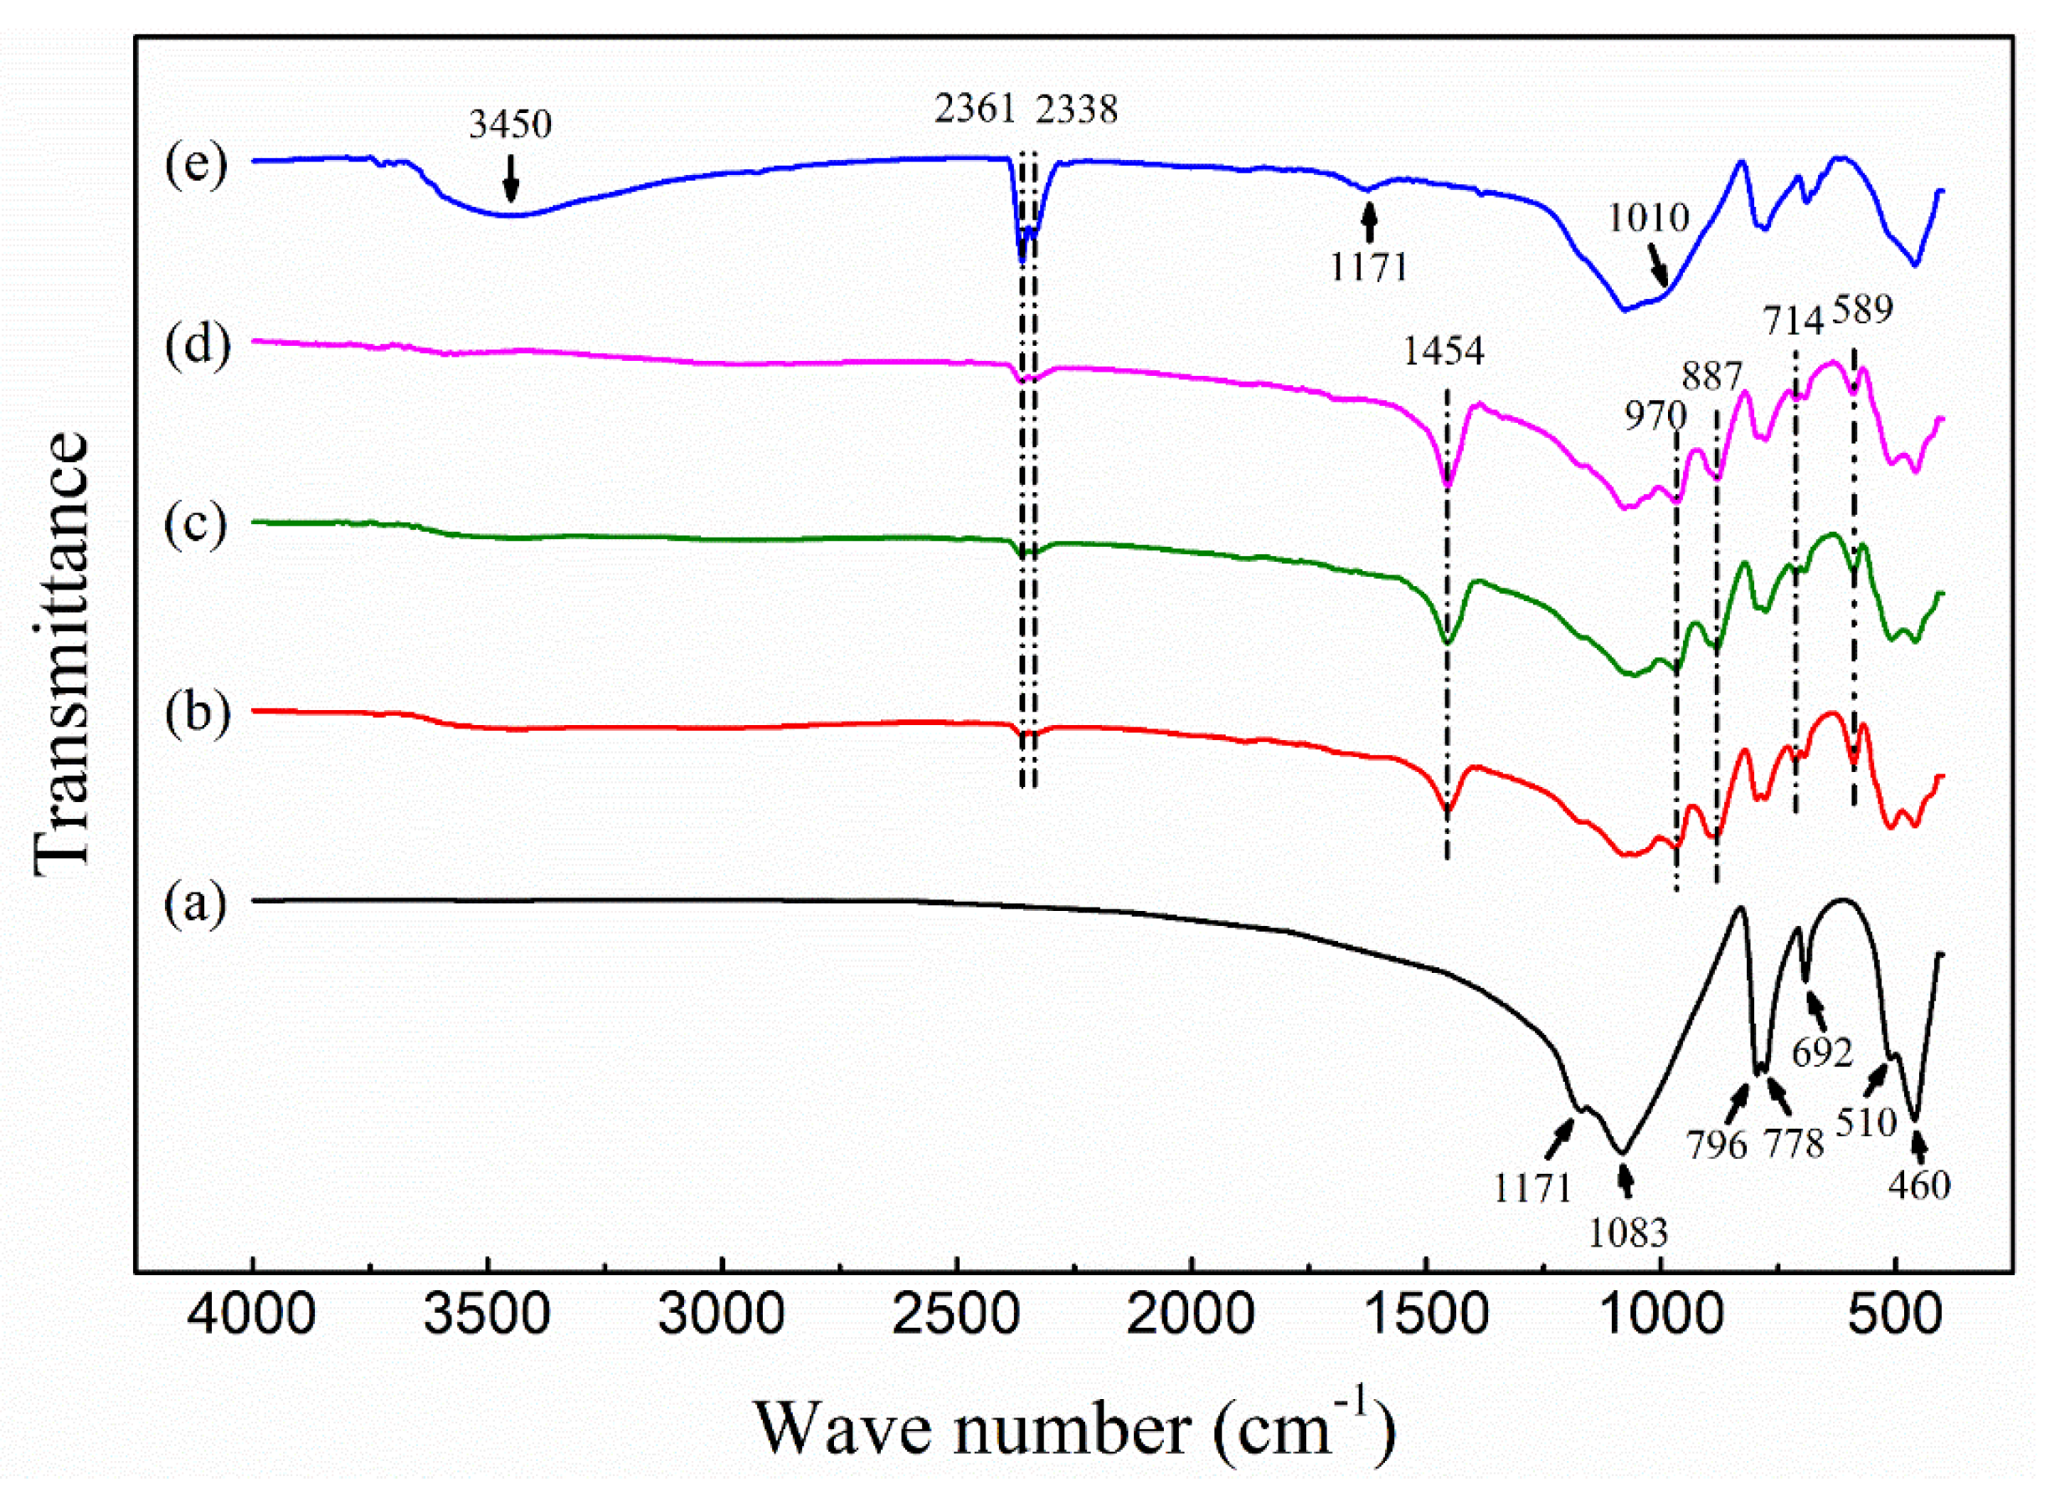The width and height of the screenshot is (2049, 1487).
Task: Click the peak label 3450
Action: (510, 124)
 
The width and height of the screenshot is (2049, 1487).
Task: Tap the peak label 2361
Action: (976, 110)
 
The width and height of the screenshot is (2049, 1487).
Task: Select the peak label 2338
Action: (1077, 110)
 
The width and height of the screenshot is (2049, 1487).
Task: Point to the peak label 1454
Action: (1443, 351)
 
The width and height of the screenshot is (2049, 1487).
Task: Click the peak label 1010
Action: (1648, 218)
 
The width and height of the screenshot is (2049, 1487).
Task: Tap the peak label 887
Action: (1711, 376)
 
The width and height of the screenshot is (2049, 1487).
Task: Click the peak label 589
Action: (1863, 310)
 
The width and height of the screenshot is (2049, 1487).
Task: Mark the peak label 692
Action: (1822, 1052)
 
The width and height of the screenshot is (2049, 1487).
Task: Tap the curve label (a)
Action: (195, 903)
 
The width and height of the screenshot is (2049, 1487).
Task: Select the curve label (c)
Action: (195, 525)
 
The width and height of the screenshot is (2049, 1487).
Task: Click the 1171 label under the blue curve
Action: (1369, 267)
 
